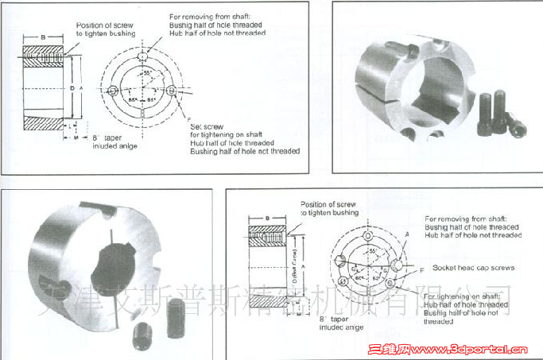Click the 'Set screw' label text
pyautogui.click(x=206, y=126)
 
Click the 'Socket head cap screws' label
pyautogui.click(x=470, y=268)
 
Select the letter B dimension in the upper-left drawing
pyautogui.click(x=42, y=37)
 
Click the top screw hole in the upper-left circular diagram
pyautogui.click(x=142, y=60)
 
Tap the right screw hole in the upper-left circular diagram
pyautogui.click(x=171, y=91)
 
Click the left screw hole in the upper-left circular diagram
pyautogui.click(x=114, y=91)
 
